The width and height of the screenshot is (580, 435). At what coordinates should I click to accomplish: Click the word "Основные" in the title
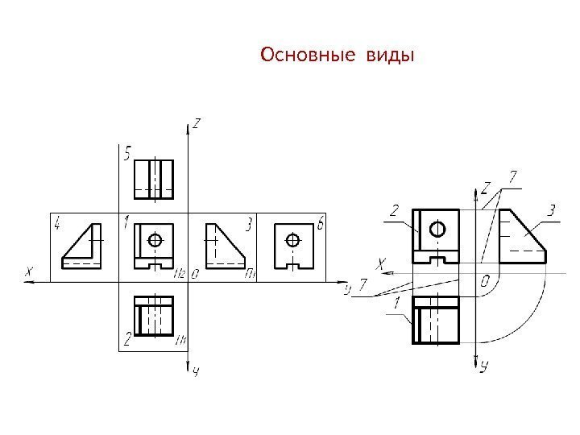point(307,56)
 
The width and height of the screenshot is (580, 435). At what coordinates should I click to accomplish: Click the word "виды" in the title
point(390,56)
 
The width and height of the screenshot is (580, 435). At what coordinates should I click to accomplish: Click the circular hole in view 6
point(293,239)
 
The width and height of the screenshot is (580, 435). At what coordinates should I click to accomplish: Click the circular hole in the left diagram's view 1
point(156,239)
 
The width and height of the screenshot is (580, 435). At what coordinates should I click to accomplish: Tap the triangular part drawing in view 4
point(83,246)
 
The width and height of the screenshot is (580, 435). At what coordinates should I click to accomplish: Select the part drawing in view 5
point(153,178)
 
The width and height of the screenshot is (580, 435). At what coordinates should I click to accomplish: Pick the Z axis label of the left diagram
point(197,124)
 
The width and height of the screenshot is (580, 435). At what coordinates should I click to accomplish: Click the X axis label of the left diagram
point(30,272)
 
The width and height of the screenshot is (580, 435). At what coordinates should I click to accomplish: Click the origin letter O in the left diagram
point(195,274)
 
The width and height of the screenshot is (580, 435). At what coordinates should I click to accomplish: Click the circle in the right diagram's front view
point(437,229)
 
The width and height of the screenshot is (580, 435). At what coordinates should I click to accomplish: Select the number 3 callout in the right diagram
point(551,211)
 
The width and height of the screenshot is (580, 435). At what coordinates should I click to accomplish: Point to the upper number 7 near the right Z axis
point(513,176)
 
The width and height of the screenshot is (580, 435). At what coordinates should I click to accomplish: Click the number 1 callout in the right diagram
point(397,303)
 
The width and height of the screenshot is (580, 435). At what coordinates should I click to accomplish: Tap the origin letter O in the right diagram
point(484,281)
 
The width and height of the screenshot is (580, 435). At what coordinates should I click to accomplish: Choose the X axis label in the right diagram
point(382,263)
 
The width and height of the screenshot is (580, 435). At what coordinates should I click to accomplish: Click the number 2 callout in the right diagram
point(394,211)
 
